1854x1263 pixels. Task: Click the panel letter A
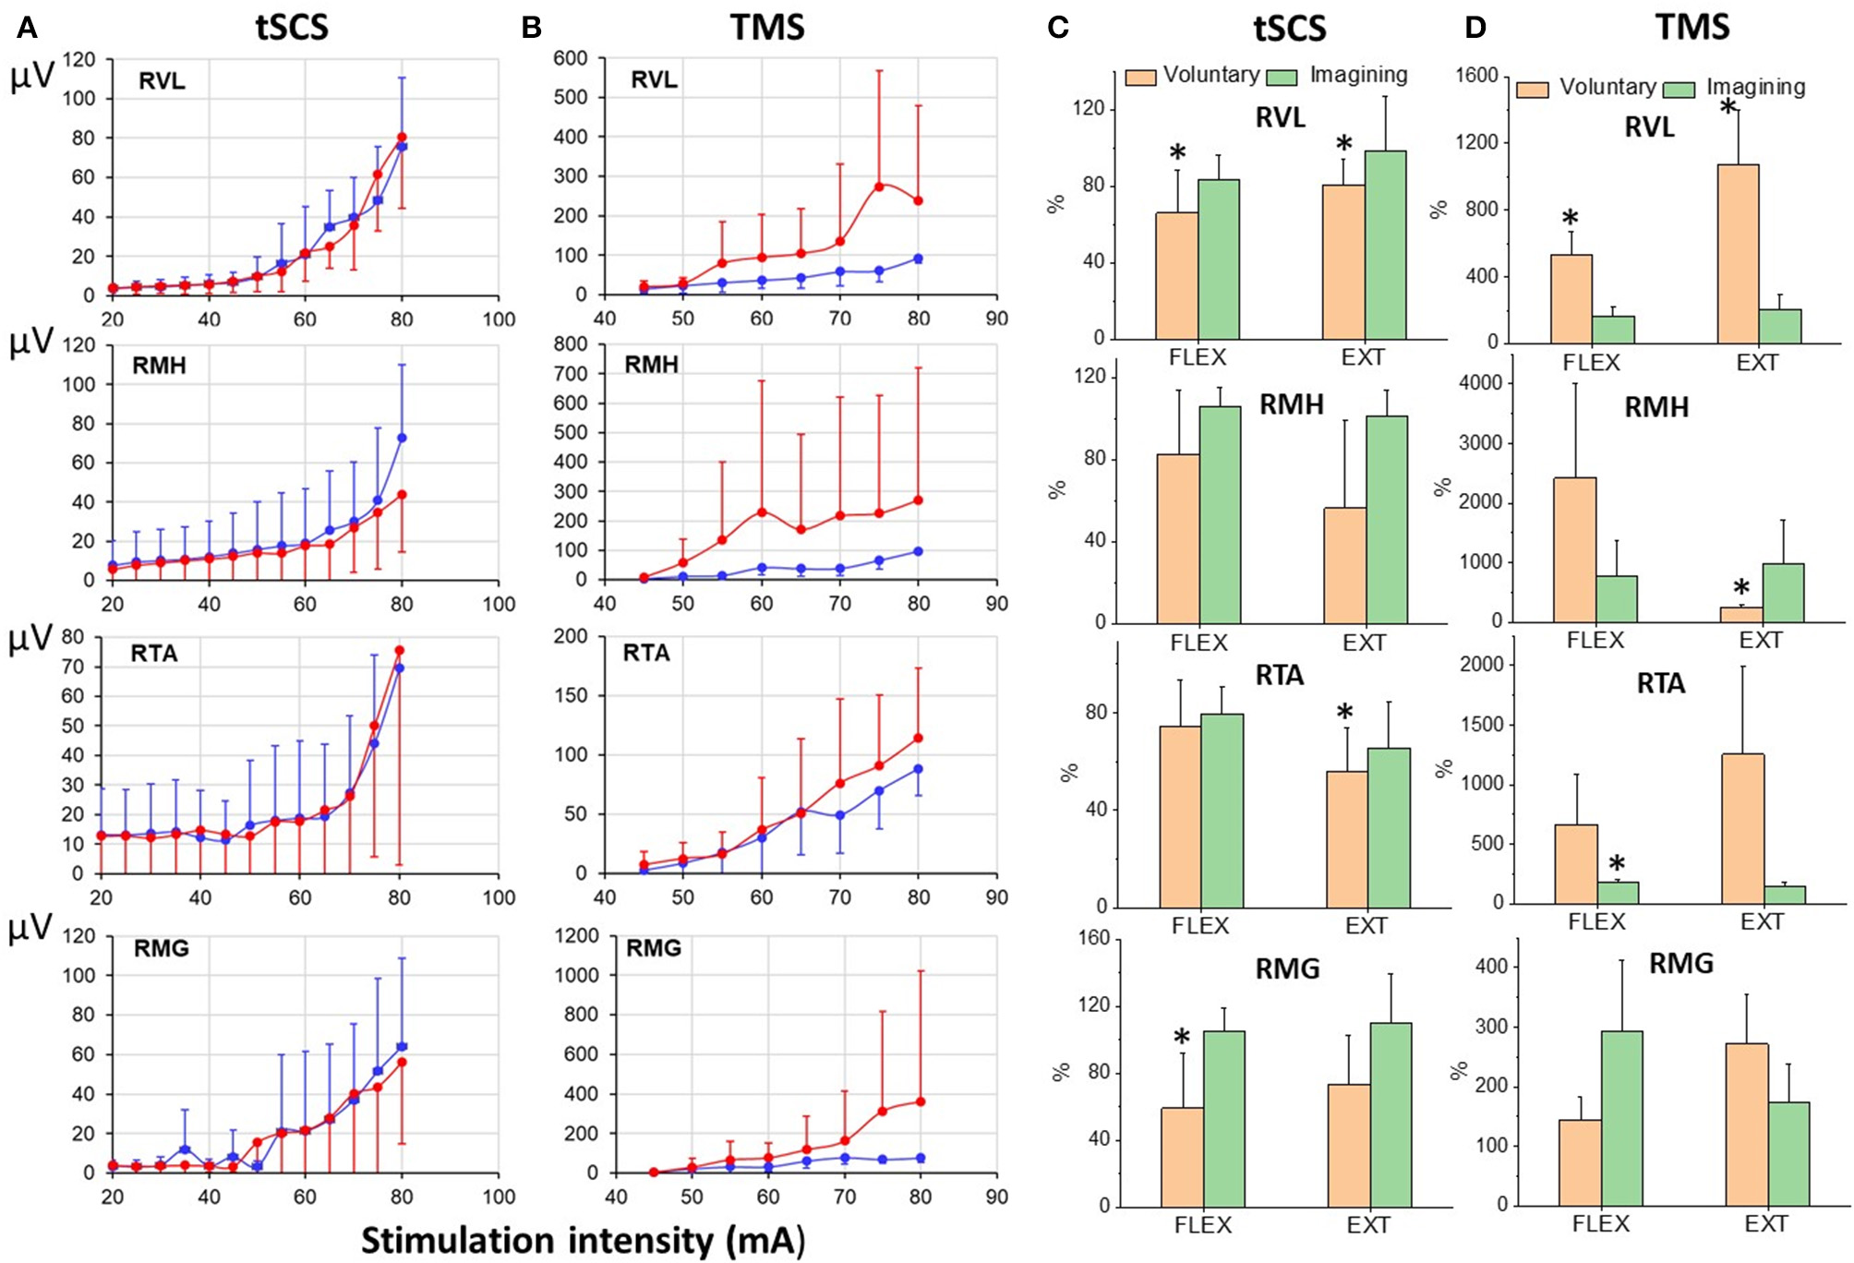point(27,28)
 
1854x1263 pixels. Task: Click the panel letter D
point(1475,28)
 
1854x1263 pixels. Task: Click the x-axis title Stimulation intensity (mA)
point(583,1240)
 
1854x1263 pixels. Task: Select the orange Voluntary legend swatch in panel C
point(1140,78)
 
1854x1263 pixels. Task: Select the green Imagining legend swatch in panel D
point(1679,90)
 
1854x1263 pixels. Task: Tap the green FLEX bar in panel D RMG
point(1621,1118)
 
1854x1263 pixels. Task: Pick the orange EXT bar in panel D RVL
point(1738,254)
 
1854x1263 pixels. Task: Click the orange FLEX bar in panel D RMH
point(1574,549)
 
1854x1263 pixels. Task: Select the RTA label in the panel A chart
point(154,654)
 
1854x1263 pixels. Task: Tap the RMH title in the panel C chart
point(1291,404)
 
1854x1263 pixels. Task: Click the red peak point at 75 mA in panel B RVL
point(879,186)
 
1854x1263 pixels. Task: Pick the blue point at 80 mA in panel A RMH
point(402,438)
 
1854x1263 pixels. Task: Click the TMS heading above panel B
point(767,28)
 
